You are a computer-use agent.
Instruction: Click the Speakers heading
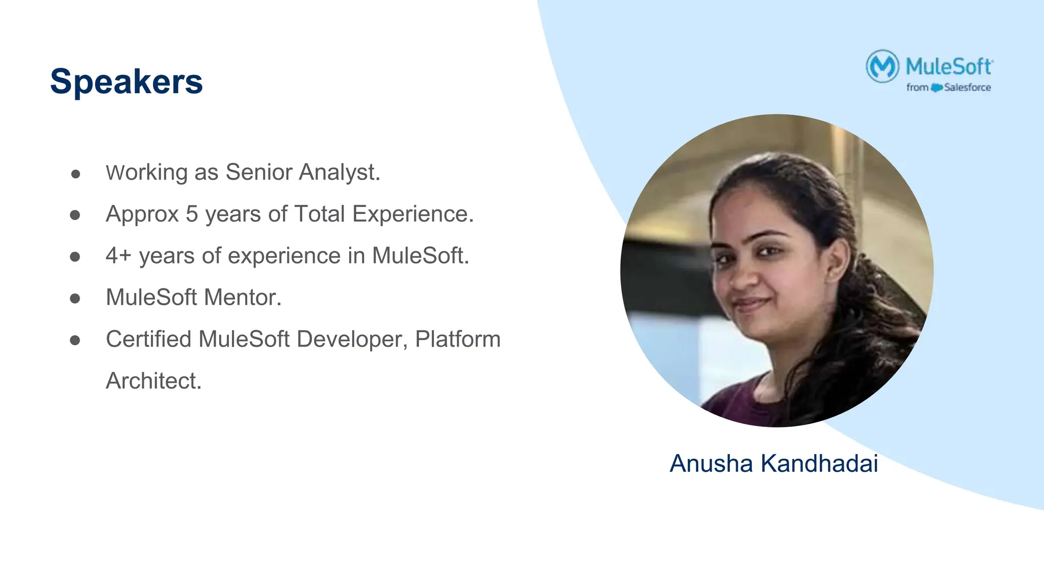tap(126, 82)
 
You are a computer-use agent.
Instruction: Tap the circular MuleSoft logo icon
tap(882, 66)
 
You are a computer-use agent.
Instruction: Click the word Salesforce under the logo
tap(967, 88)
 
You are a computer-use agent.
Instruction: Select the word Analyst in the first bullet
tap(339, 172)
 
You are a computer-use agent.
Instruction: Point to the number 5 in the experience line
tap(192, 214)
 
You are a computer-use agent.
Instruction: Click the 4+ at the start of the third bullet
tap(118, 256)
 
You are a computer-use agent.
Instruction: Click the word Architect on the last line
tap(153, 381)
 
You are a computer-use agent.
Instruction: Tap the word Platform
tap(458, 339)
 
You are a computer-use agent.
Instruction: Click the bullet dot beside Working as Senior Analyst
tap(75, 174)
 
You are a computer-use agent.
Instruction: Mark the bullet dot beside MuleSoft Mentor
tap(75, 299)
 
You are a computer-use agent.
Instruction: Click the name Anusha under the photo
tap(711, 464)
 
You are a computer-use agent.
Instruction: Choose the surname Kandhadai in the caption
tap(819, 464)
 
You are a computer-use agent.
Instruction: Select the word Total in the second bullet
tap(320, 214)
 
